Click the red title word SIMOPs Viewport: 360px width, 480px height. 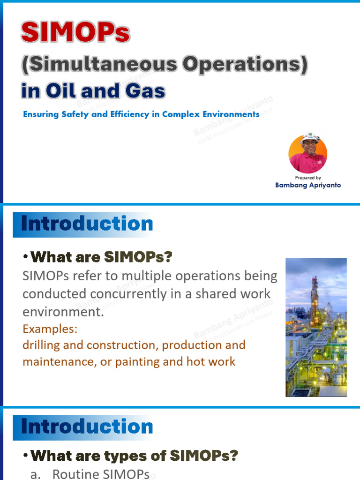(75, 34)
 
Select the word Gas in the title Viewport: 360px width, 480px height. (144, 90)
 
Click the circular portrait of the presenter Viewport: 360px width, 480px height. (308, 154)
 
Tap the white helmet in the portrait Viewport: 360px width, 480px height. (309, 138)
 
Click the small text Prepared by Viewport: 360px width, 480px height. (308, 178)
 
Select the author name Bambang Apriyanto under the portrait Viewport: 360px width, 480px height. (308, 185)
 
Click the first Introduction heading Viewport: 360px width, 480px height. (87, 224)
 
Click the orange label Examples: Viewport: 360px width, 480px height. (50, 329)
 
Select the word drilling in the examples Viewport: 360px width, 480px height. (41, 345)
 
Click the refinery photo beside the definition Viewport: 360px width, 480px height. (316, 327)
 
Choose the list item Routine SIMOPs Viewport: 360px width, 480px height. (101, 474)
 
